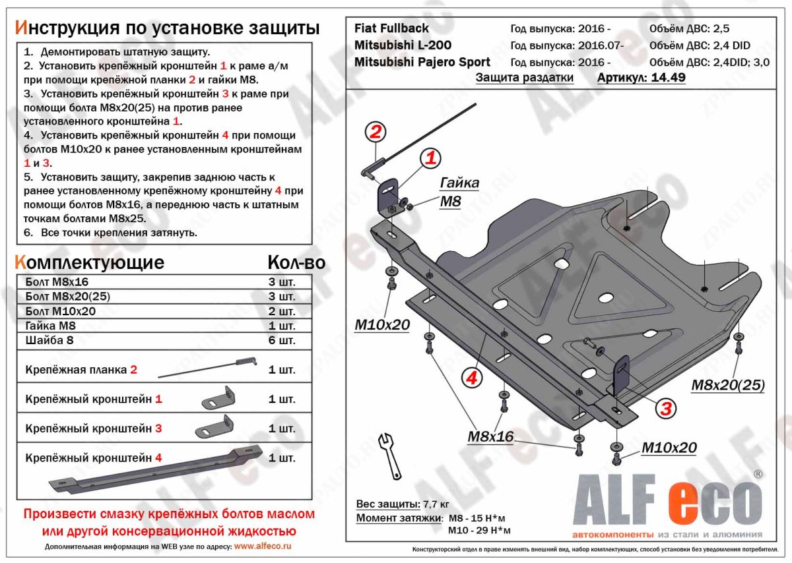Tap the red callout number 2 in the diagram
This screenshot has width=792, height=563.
tap(375, 132)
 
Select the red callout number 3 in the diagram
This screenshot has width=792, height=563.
tap(666, 409)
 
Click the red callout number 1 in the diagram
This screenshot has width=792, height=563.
tap(430, 158)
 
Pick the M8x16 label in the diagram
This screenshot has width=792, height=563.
tap(490, 436)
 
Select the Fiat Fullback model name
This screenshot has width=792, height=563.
tap(391, 28)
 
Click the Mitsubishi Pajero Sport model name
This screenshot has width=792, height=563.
tap(422, 62)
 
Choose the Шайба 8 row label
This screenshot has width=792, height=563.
tap(51, 341)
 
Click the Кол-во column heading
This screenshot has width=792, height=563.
tap(296, 262)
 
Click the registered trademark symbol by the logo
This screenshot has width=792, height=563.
tap(758, 474)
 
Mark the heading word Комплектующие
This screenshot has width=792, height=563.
tap(89, 262)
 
